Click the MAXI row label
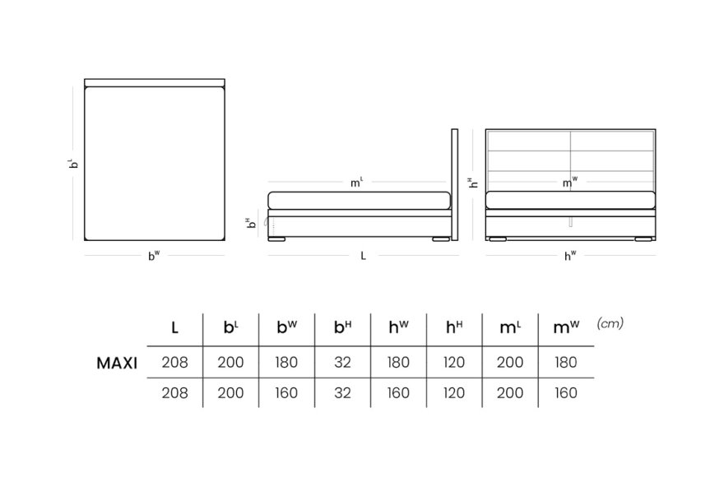click(x=117, y=364)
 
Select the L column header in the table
click(x=174, y=328)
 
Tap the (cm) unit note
click(x=610, y=323)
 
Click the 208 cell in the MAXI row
click(x=175, y=363)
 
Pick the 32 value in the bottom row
click(x=342, y=393)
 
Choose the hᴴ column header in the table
click(x=454, y=327)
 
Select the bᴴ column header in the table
click(x=342, y=327)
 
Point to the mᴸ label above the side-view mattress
click(x=357, y=183)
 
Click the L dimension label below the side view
click(x=364, y=256)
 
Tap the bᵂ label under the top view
click(x=154, y=255)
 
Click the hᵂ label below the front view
click(x=570, y=255)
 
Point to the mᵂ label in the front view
click(x=570, y=183)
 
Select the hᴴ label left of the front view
click(x=473, y=183)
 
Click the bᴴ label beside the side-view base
click(x=251, y=224)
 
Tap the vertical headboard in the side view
click(x=455, y=185)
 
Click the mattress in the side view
click(x=360, y=201)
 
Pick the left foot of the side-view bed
click(x=277, y=239)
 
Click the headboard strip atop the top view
click(x=155, y=82)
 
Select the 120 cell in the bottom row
click(x=454, y=393)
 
